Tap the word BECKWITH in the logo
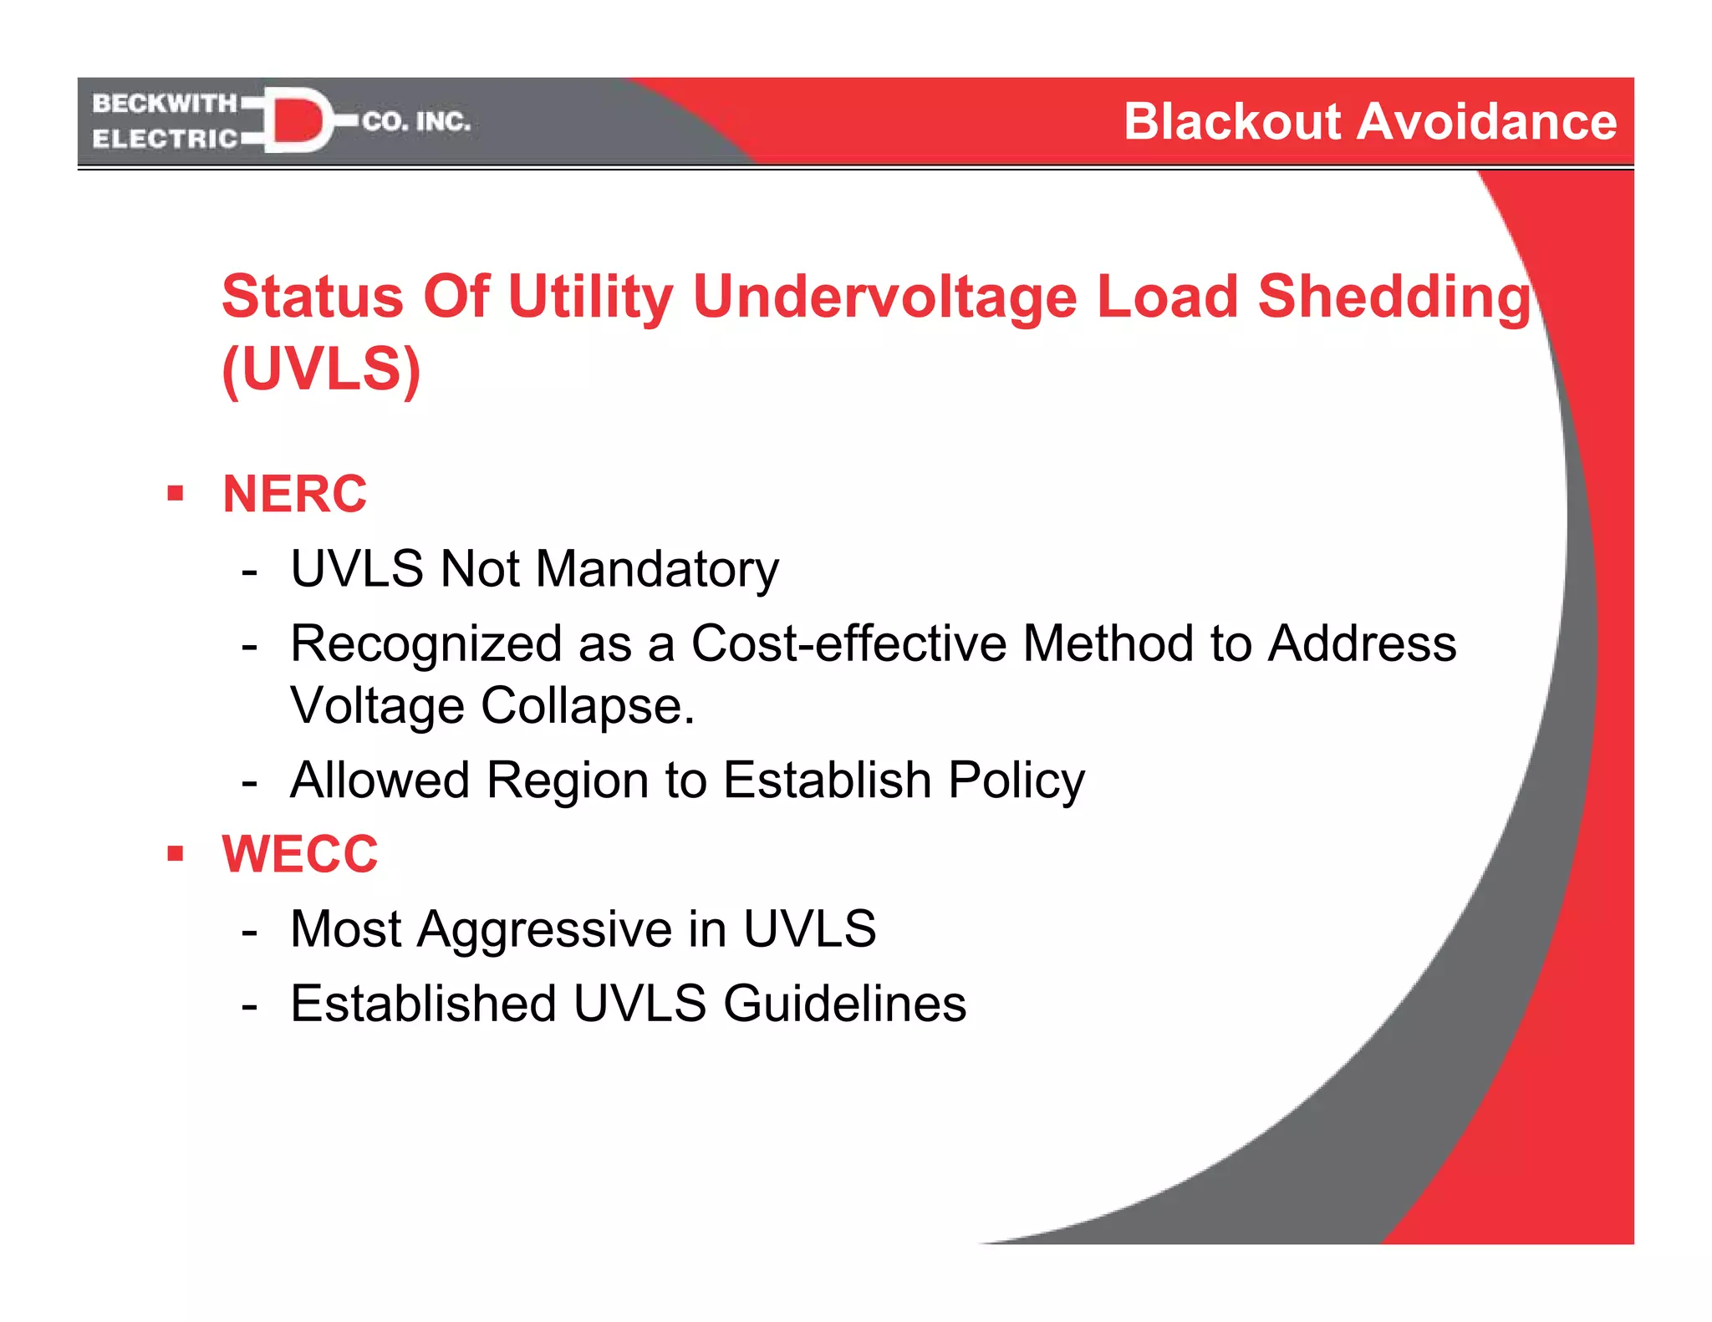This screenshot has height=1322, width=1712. pyautogui.click(x=165, y=104)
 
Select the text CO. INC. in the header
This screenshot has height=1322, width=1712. pyautogui.click(x=416, y=122)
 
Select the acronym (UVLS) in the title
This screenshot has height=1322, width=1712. pyautogui.click(x=321, y=369)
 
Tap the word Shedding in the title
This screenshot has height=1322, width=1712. pyautogui.click(x=1394, y=297)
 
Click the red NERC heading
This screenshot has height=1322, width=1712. pyautogui.click(x=294, y=493)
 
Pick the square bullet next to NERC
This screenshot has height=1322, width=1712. pyautogui.click(x=175, y=493)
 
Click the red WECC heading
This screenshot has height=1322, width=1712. pyautogui.click(x=299, y=854)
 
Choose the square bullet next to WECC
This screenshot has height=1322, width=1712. pyautogui.click(x=175, y=854)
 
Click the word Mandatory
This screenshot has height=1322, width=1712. pyautogui.click(x=657, y=570)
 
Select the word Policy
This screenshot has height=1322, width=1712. pyautogui.click(x=1016, y=780)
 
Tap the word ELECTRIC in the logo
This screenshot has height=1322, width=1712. pyautogui.click(x=165, y=139)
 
